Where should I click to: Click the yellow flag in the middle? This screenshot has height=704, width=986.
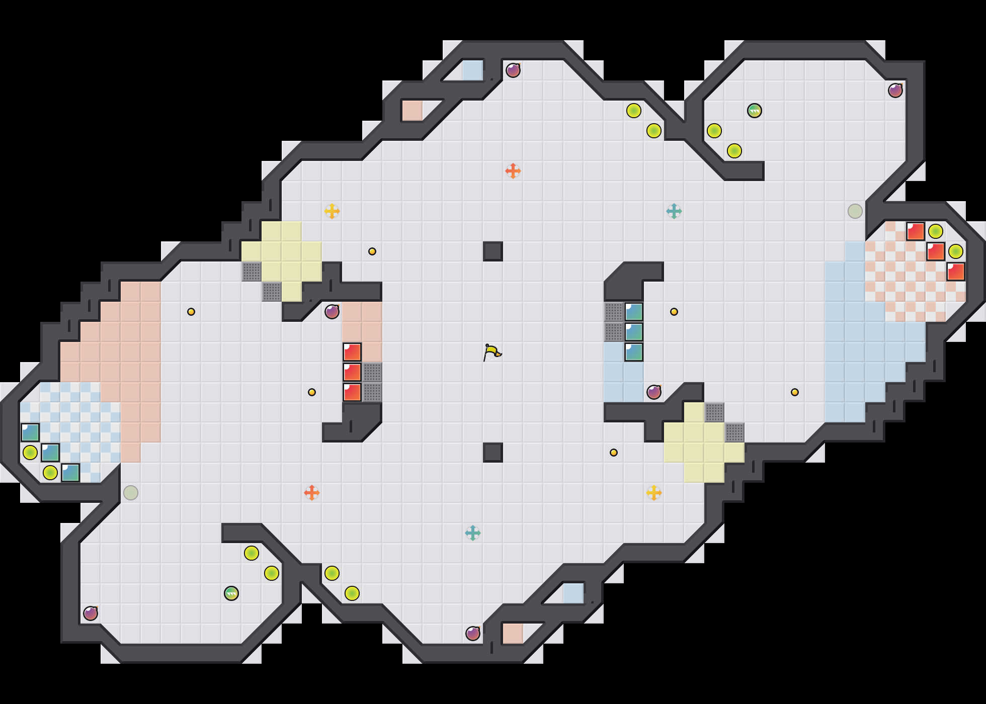pyautogui.click(x=491, y=352)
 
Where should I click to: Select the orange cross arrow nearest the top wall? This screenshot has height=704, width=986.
pyautogui.click(x=513, y=171)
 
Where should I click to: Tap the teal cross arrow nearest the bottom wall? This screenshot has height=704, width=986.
pyautogui.click(x=472, y=533)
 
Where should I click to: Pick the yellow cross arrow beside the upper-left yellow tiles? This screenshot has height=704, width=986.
pyautogui.click(x=332, y=211)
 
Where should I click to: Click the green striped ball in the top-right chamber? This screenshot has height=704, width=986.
pyautogui.click(x=754, y=111)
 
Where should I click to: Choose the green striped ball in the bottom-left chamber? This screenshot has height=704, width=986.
pyautogui.click(x=231, y=593)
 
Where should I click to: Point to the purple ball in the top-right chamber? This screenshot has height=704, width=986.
pyautogui.click(x=895, y=91)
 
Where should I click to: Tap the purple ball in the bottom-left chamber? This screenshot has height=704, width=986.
pyautogui.click(x=90, y=613)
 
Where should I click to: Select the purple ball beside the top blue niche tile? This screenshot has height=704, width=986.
pyautogui.click(x=513, y=70)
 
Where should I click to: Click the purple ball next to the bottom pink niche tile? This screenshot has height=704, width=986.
pyautogui.click(x=472, y=634)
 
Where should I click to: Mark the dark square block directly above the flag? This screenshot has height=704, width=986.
pyautogui.click(x=492, y=251)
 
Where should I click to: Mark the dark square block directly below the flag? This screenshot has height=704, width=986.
pyautogui.click(x=492, y=453)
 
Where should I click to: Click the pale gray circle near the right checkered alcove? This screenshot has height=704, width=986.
pyautogui.click(x=855, y=211)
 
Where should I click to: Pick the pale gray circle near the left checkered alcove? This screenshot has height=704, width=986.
pyautogui.click(x=130, y=493)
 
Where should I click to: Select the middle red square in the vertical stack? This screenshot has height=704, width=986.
pyautogui.click(x=352, y=372)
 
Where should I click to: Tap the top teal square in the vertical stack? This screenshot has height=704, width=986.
pyautogui.click(x=633, y=312)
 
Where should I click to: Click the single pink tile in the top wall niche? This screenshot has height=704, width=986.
pyautogui.click(x=412, y=111)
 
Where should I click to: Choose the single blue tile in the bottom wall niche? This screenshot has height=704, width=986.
pyautogui.click(x=573, y=593)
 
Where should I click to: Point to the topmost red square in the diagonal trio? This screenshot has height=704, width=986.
pyautogui.click(x=915, y=231)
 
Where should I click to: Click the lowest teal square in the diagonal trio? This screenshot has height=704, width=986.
pyautogui.click(x=70, y=473)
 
